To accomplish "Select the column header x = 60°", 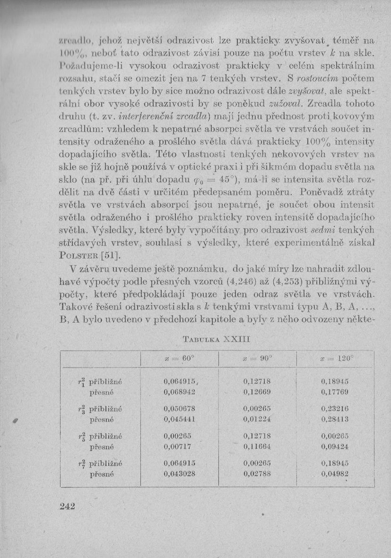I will pyautogui.click(x=179, y=359).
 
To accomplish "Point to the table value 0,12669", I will pyautogui.click(x=257, y=392).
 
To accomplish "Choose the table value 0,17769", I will pyautogui.click(x=335, y=392).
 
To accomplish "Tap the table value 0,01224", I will pyautogui.click(x=257, y=419).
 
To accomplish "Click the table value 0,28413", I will pyautogui.click(x=335, y=419).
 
